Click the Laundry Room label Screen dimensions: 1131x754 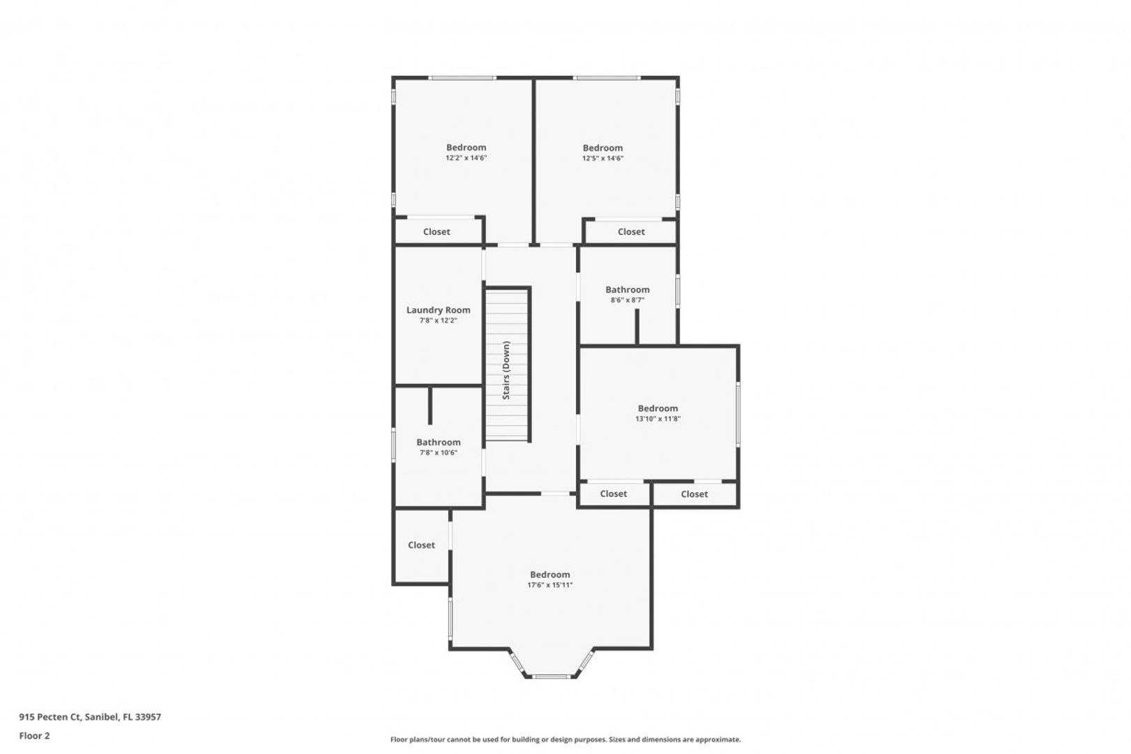coord(438,309)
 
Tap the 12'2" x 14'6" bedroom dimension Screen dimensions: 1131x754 coord(466,158)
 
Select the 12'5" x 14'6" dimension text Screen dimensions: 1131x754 coord(603,158)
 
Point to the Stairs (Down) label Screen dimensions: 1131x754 coord(506,370)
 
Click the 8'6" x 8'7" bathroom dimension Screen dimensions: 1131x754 coord(628,300)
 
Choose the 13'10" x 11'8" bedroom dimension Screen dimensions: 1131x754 coord(658,419)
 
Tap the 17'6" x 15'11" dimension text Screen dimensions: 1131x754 coord(550,585)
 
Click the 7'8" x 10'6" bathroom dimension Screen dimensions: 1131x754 coord(438,452)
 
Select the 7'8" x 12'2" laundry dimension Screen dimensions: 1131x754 coord(438,320)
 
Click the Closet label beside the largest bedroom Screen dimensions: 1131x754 coord(421,545)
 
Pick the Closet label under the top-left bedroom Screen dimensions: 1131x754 coord(436,232)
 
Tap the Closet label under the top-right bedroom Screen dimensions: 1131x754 coord(631,232)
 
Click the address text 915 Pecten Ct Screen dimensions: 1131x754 coord(50,716)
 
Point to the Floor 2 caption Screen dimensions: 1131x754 coord(34,736)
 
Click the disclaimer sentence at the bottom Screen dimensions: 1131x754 coord(565,739)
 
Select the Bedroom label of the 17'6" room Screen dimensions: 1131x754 coord(550,575)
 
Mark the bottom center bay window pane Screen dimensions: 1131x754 coord(552,677)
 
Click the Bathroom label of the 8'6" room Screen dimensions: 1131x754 coord(628,289)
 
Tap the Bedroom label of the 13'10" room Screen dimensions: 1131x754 coord(658,408)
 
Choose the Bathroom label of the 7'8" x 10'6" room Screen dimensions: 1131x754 coord(438,442)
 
